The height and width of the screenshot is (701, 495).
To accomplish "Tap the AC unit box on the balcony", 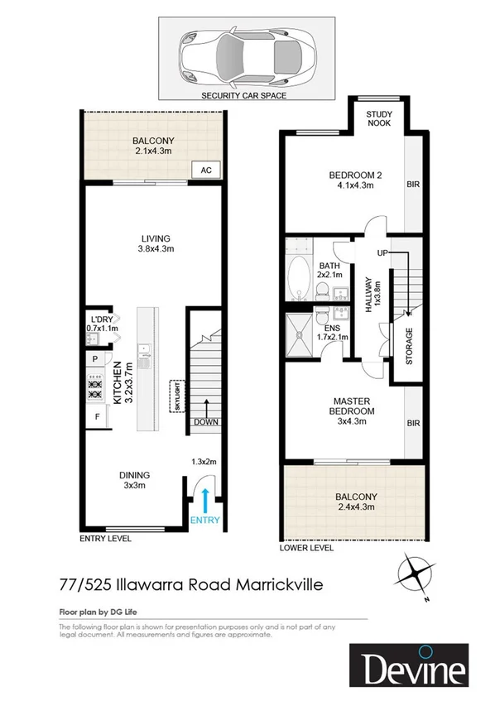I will (x=206, y=170).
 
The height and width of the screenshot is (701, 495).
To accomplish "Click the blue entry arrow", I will (x=204, y=502).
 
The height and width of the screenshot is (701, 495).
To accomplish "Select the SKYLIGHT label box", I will (x=175, y=396).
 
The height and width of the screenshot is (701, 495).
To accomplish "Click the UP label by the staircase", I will (x=382, y=252).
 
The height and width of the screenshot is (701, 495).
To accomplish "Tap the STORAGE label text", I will (x=409, y=347).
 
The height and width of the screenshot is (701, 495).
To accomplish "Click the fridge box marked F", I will (x=97, y=416).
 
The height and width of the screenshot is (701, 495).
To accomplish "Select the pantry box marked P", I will (x=96, y=358).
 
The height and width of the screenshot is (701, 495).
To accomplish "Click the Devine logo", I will (x=408, y=666).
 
